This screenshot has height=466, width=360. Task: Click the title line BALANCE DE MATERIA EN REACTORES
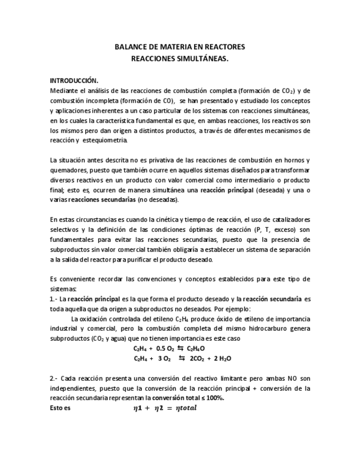pos(180,47)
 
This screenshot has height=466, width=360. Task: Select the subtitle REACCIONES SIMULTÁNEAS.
pos(180,57)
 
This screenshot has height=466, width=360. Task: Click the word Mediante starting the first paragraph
pos(63,91)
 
